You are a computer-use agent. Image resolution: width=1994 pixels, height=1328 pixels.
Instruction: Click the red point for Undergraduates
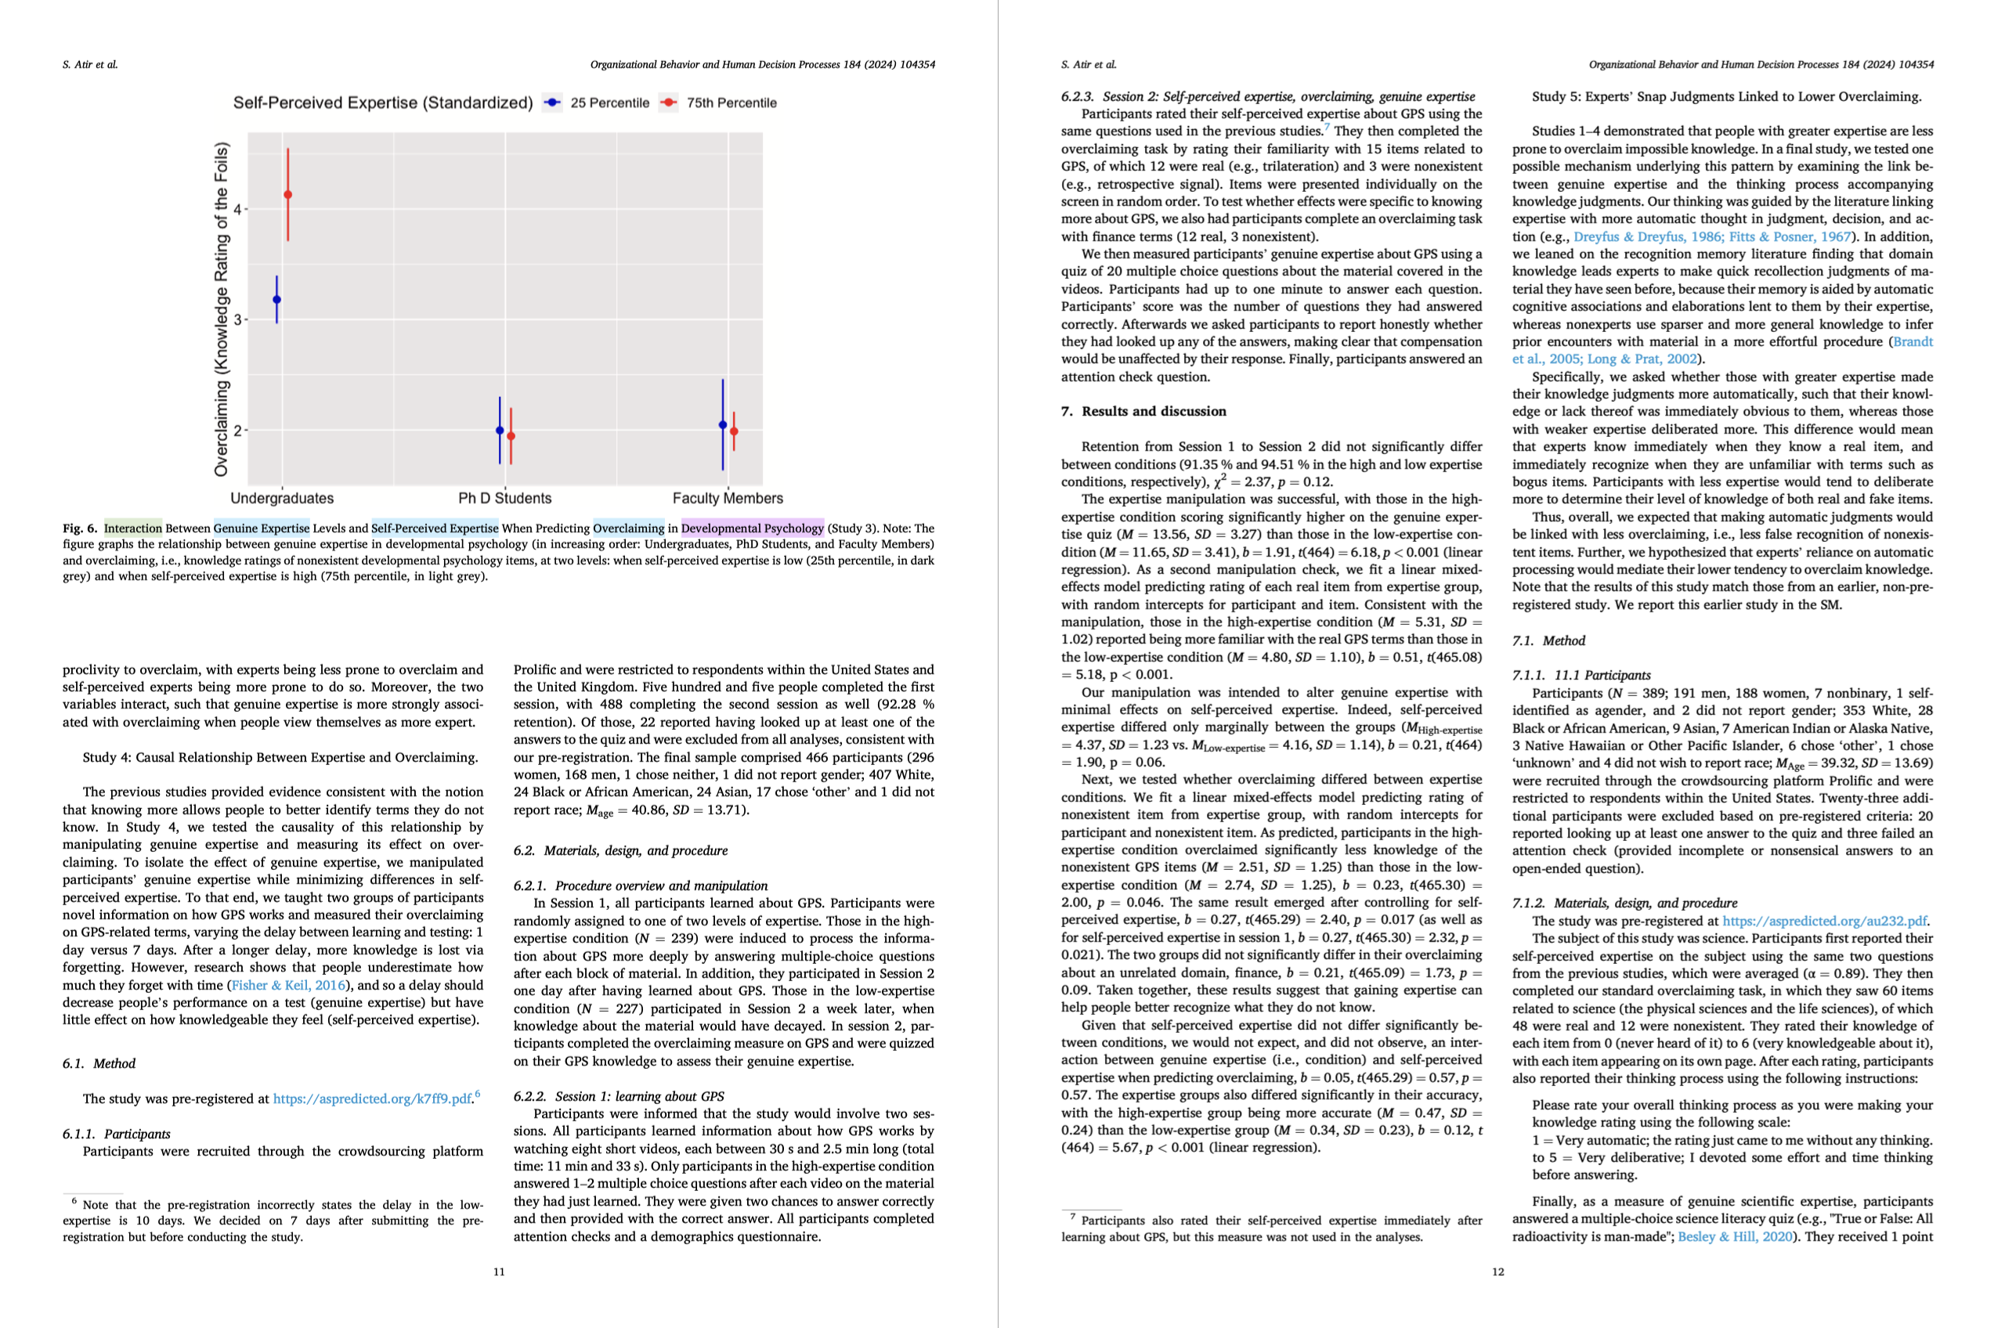(x=288, y=195)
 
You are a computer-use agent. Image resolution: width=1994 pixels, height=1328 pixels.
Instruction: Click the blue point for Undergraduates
(x=277, y=300)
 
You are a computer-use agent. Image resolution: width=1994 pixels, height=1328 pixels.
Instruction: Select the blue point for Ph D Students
(x=500, y=430)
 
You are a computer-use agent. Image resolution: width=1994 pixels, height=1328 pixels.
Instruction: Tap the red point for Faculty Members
(x=734, y=432)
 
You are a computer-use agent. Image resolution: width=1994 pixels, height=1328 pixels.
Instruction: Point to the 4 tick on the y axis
(x=238, y=209)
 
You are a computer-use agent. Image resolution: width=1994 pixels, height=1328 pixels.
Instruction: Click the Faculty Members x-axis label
(x=728, y=499)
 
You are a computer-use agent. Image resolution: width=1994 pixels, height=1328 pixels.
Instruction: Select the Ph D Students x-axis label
(x=505, y=499)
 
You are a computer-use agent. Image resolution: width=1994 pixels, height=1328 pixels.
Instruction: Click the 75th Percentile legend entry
(x=731, y=103)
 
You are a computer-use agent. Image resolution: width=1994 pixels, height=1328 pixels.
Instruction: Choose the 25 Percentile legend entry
(x=609, y=103)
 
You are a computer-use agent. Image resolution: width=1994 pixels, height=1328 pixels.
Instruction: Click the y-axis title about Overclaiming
(x=221, y=309)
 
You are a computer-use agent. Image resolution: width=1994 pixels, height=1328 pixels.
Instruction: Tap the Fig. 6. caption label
(x=80, y=529)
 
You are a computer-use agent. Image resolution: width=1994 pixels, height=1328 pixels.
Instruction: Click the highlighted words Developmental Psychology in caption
(x=752, y=529)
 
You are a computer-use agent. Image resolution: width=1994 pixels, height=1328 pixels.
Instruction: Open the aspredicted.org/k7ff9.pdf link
(x=372, y=1099)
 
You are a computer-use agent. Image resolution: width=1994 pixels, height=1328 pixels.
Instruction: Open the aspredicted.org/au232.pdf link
(x=1825, y=921)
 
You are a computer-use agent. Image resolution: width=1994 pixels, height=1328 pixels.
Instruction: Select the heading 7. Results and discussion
(x=1143, y=412)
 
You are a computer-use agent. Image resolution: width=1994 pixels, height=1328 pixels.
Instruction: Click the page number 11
(x=499, y=1272)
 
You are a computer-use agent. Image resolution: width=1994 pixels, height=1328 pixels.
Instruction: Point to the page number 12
(x=1497, y=1272)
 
